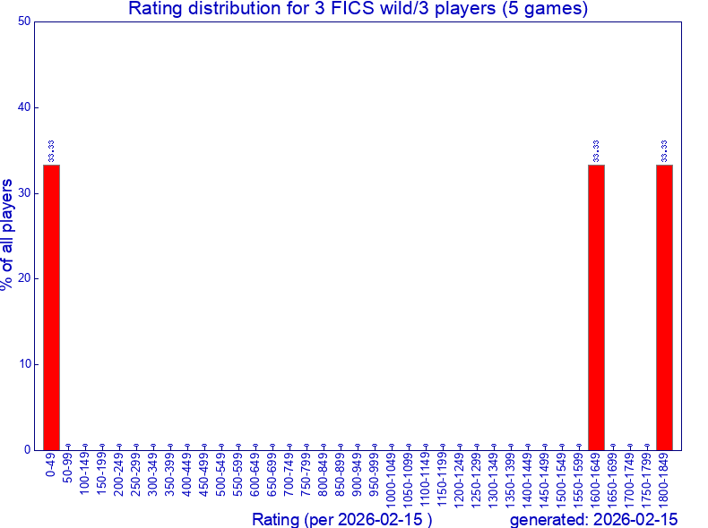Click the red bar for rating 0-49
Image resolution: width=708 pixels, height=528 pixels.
coord(51,307)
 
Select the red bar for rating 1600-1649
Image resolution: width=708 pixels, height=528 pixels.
coord(596,307)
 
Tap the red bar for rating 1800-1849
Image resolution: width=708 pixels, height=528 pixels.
coord(664,307)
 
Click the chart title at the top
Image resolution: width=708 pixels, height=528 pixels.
coord(358,10)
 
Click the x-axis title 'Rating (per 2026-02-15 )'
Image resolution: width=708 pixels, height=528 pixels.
coord(342,520)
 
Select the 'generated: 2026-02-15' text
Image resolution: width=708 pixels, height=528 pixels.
coord(593,520)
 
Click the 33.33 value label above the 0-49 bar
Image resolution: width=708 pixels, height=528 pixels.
coord(52,150)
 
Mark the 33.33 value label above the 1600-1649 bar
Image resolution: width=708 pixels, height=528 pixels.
coord(597,150)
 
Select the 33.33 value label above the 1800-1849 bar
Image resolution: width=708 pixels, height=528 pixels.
coord(665,150)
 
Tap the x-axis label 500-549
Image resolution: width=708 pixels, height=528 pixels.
coord(221,475)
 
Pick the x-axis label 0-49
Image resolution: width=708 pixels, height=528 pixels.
coord(51,467)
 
